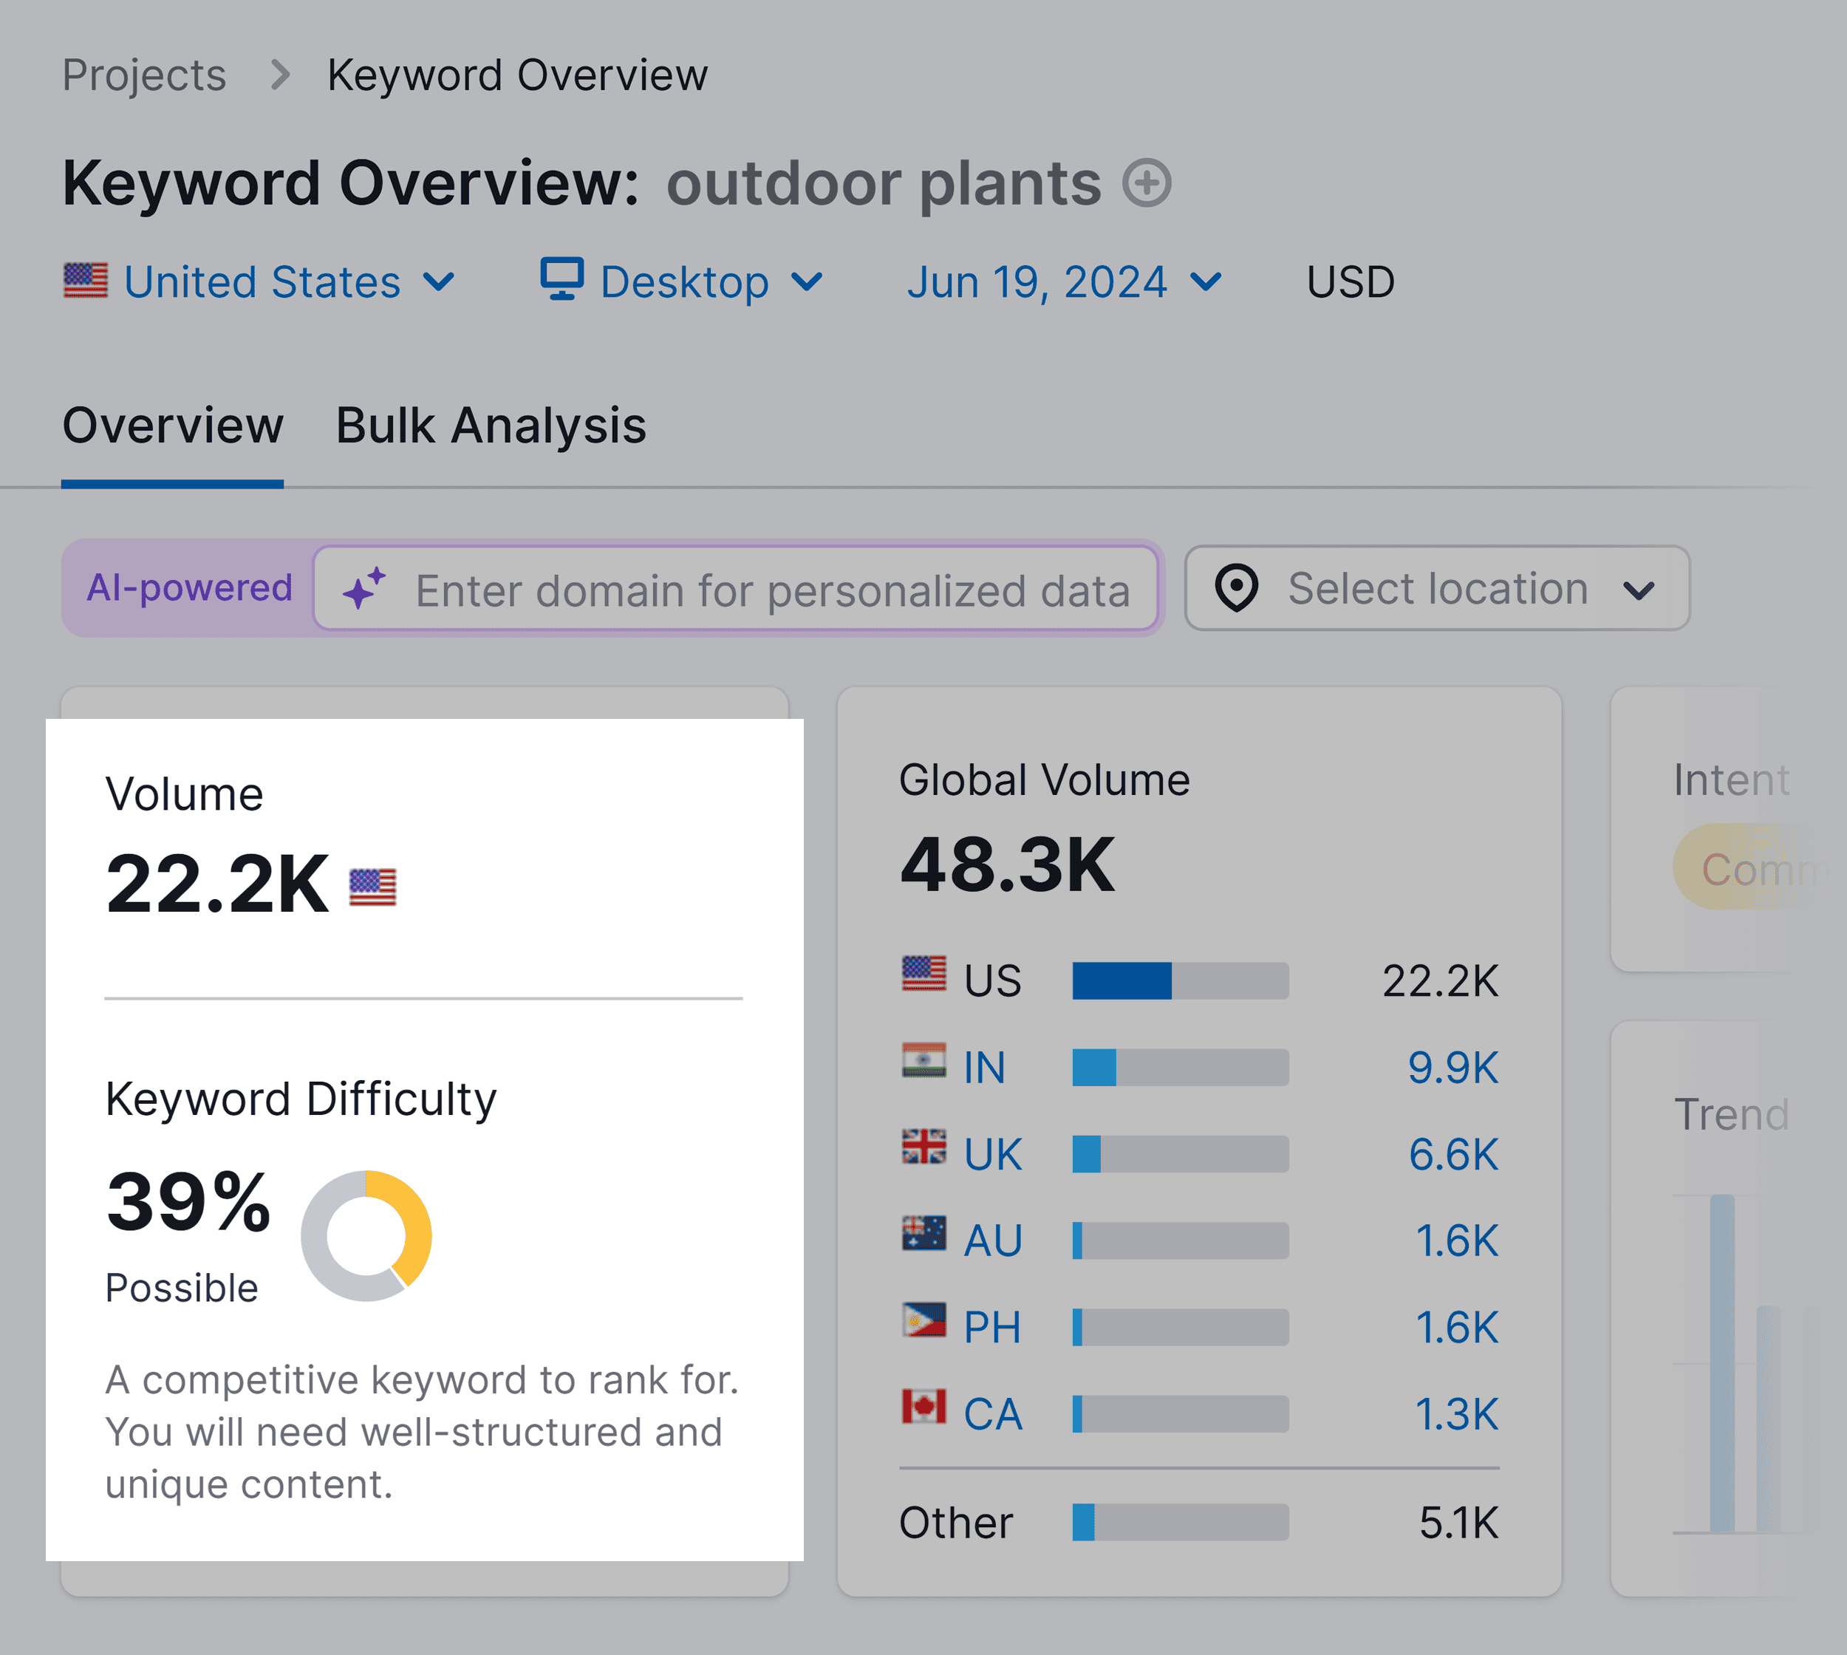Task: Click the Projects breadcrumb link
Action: click(143, 75)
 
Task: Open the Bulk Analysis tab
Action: click(491, 426)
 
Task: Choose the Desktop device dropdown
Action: click(682, 282)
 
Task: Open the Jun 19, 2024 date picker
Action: click(1063, 282)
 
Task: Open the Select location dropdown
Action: click(1437, 588)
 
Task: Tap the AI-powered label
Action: click(189, 587)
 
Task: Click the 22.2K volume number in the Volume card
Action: click(217, 884)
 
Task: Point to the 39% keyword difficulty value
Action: click(188, 1202)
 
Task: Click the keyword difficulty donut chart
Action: click(366, 1236)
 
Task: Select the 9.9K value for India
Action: click(1452, 1068)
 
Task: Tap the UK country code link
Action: click(993, 1155)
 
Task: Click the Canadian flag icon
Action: click(923, 1407)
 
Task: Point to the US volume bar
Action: click(1181, 981)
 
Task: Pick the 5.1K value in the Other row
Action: click(1458, 1522)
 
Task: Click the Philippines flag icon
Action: click(923, 1320)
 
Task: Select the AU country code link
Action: click(993, 1241)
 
